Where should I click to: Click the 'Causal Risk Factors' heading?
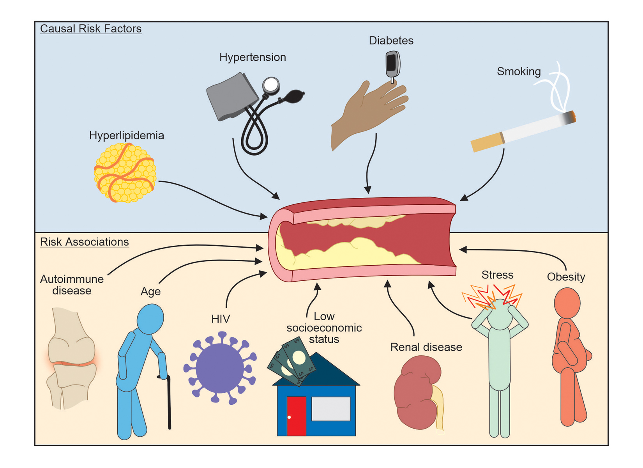pos(90,29)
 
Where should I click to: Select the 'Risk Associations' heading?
pos(84,242)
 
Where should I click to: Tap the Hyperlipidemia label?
pos(126,136)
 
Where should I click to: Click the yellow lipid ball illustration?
pos(125,173)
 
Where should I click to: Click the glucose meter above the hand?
pos(392,64)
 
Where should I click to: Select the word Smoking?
pos(519,72)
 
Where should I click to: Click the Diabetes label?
pos(391,41)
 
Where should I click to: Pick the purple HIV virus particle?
pos(220,368)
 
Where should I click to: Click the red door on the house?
pos(296,416)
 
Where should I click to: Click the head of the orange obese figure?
pos(567,303)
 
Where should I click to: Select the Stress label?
pos(497,275)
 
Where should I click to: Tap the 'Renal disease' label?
pos(426,347)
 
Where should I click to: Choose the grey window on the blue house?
pos(331,408)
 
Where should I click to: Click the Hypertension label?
pos(253,57)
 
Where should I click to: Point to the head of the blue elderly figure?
pos(150,319)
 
